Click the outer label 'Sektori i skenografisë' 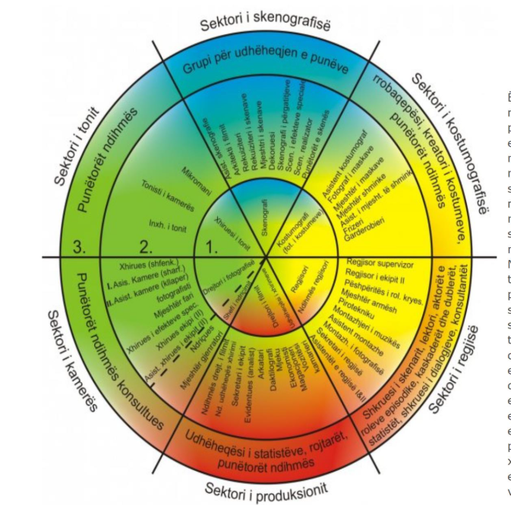point(266,22)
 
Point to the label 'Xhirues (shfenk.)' point(149,265)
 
